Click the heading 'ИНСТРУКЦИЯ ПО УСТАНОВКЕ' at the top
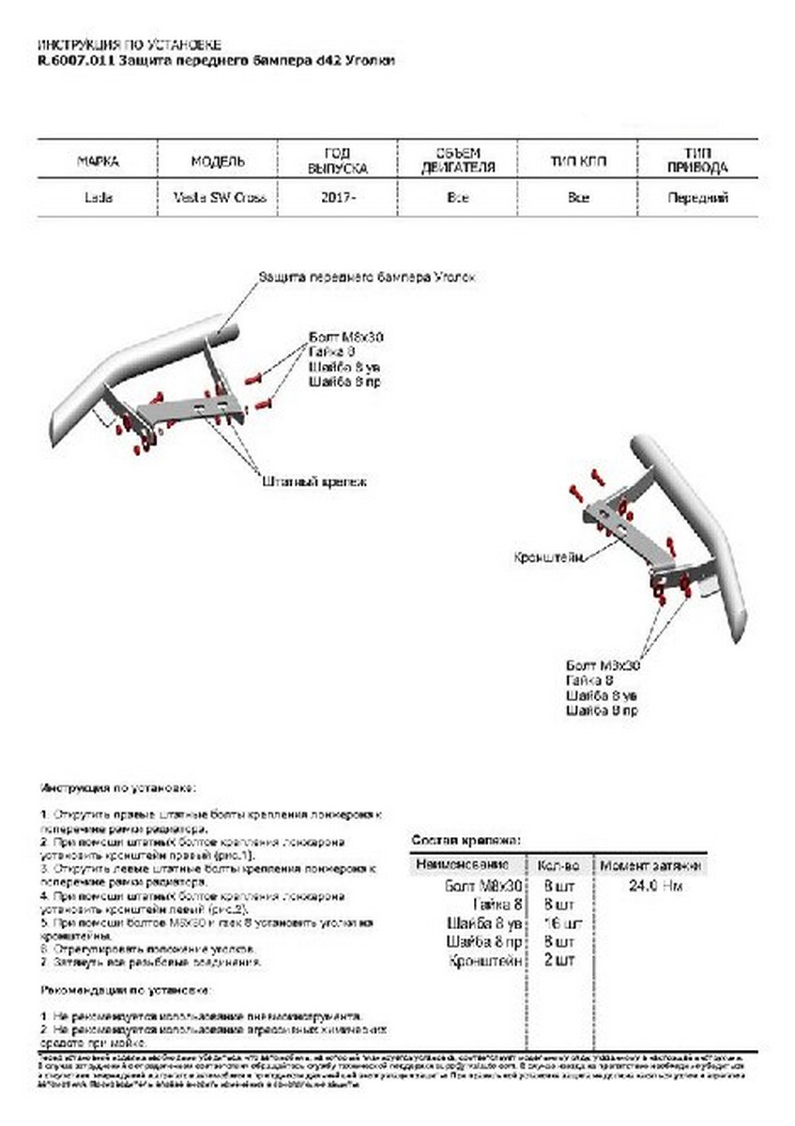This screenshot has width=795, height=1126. click(x=130, y=44)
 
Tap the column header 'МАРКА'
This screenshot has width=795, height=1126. click(x=98, y=161)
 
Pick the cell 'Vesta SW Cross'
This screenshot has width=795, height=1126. click(x=219, y=198)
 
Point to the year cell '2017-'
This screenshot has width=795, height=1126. click(x=338, y=198)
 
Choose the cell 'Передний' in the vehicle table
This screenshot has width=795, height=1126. click(x=697, y=198)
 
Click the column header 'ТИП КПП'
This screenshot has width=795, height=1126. click(x=578, y=161)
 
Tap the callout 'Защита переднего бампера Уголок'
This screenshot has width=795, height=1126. click(x=367, y=278)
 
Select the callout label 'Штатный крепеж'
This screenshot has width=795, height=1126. click(x=313, y=480)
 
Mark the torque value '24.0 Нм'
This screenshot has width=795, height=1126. click(x=652, y=885)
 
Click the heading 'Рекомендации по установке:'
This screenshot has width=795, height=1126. click(x=126, y=990)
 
